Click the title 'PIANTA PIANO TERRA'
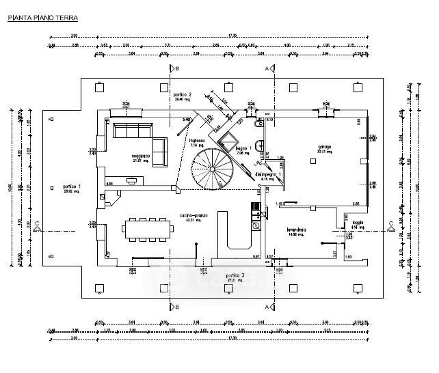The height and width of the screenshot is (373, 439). point(42,18)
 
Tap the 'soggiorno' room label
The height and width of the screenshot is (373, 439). point(141,157)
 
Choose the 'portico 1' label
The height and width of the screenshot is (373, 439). point(71,186)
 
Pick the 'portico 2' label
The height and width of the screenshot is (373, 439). point(181,94)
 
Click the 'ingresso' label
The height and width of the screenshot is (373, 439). point(198,141)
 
